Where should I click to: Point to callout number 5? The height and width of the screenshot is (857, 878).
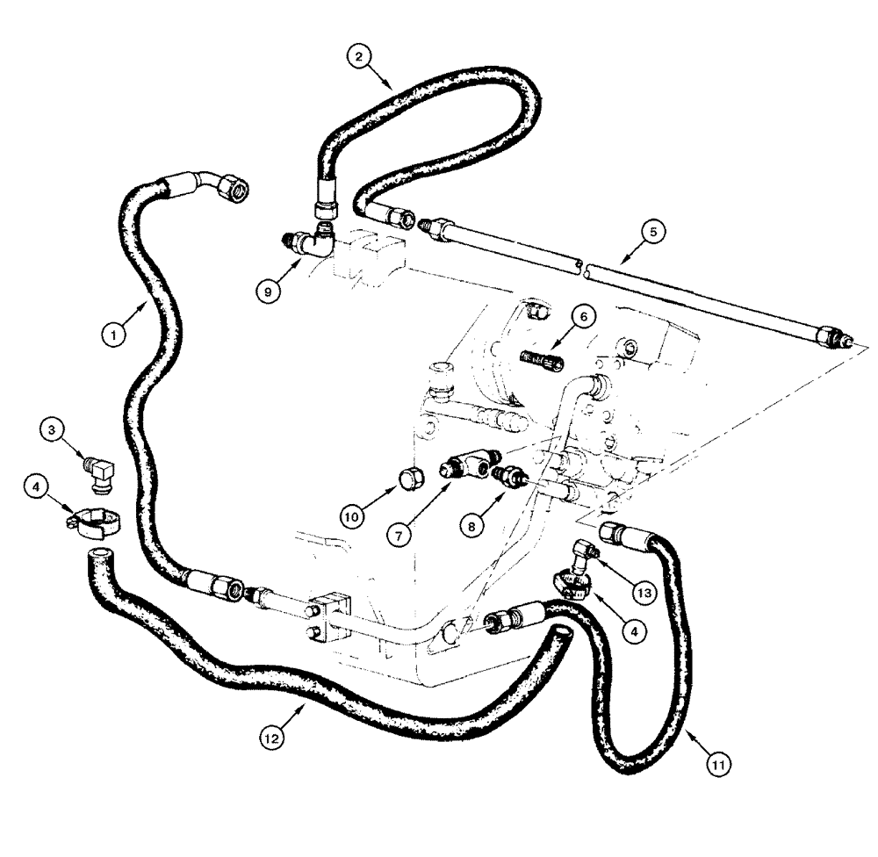tap(652, 232)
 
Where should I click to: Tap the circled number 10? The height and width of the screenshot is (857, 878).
tap(352, 518)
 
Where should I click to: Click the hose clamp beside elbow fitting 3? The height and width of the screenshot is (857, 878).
tap(89, 522)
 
